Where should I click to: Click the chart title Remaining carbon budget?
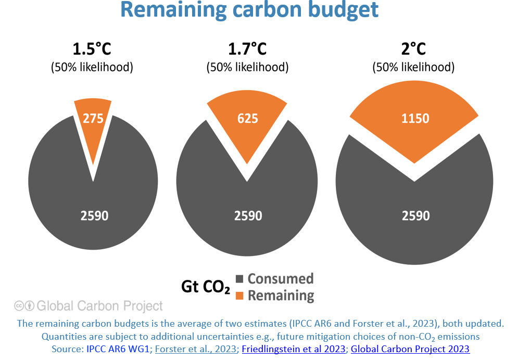click(249, 10)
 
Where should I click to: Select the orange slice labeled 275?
click(93, 123)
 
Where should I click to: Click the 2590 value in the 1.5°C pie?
click(94, 215)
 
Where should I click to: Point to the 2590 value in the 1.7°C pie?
click(248, 215)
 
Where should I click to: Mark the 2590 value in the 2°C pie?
click(415, 215)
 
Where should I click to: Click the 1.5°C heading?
click(92, 49)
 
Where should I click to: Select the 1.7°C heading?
click(247, 49)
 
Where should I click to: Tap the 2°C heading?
click(413, 49)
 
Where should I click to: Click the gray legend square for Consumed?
click(240, 279)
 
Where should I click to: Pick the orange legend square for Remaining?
click(240, 295)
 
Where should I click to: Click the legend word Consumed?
click(281, 279)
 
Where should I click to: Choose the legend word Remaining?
click(281, 295)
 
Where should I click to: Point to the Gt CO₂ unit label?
click(205, 287)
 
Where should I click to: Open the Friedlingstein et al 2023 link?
click(294, 349)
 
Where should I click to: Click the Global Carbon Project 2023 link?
click(410, 349)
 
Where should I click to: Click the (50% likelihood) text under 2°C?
click(413, 67)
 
